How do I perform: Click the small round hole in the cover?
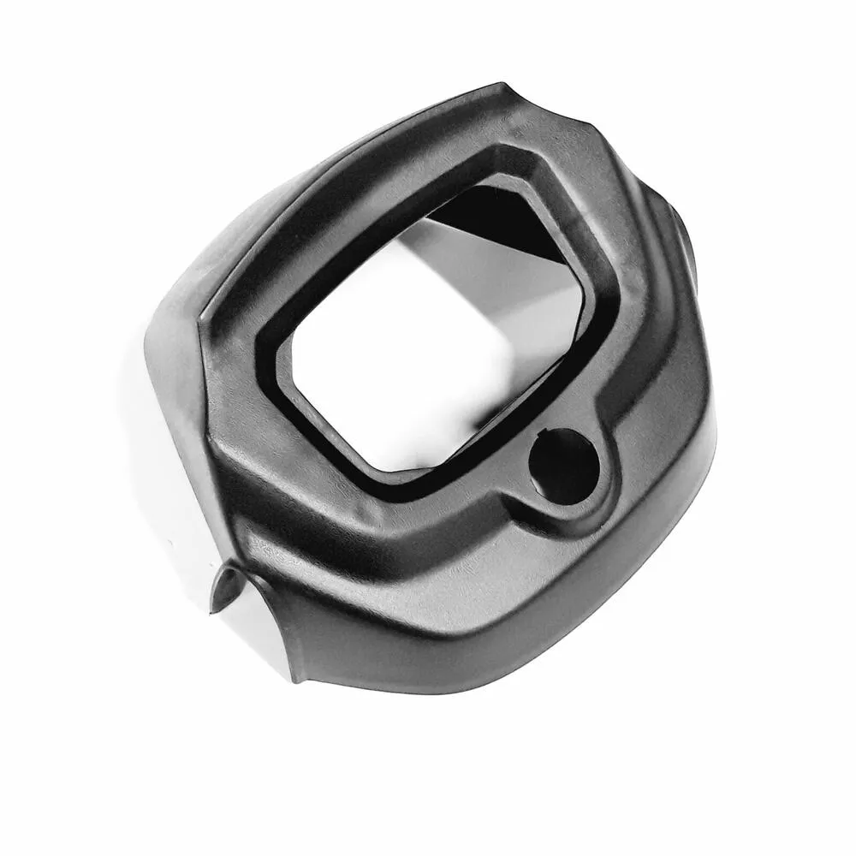pos(563,466)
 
